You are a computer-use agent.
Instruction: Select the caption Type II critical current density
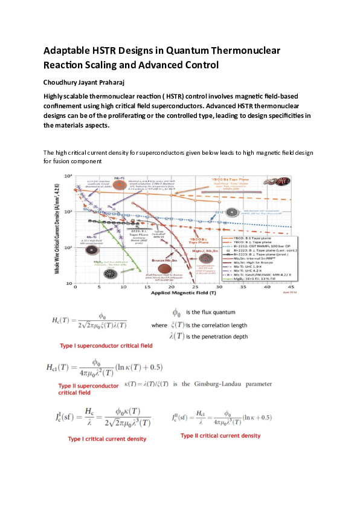click(x=220, y=435)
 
